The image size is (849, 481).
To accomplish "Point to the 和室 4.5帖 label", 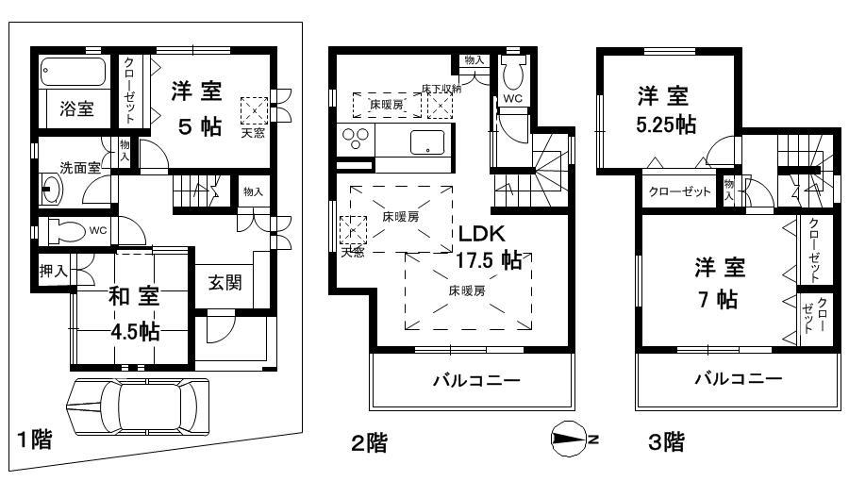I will pos(133,312).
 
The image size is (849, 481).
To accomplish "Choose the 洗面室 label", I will pos(80,167).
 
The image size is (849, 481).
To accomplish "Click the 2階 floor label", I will pos(368,441).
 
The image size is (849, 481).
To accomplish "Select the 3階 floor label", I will pos(666,441).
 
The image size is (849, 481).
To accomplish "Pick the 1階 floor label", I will pos(35,440).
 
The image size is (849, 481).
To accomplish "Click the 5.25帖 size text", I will pos(664,124).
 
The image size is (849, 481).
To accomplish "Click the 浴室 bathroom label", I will pos(76,108).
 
